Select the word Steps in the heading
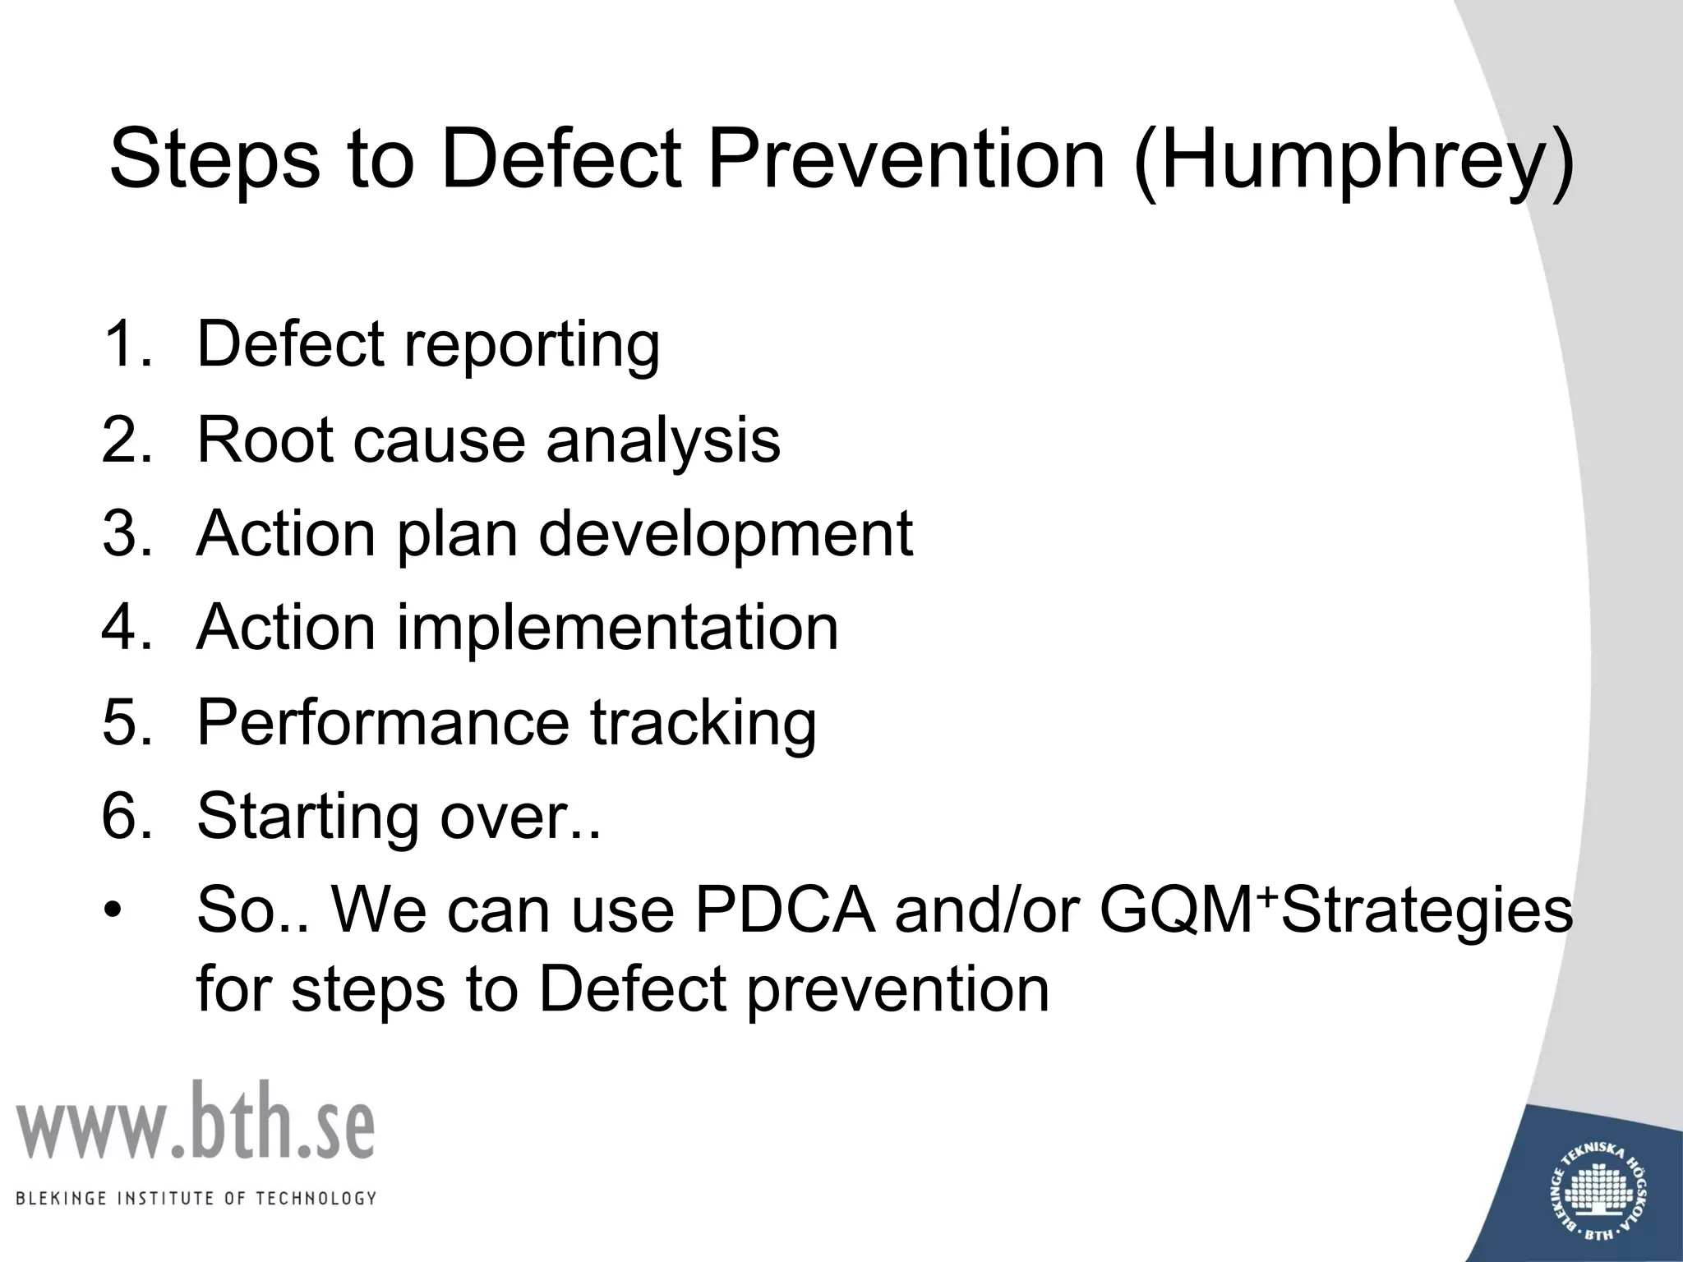pos(214,160)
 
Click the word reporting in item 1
pos(532,346)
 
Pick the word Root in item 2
pos(265,440)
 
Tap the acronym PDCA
pos(785,910)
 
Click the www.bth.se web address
pos(196,1122)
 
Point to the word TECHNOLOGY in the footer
pos(316,1199)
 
